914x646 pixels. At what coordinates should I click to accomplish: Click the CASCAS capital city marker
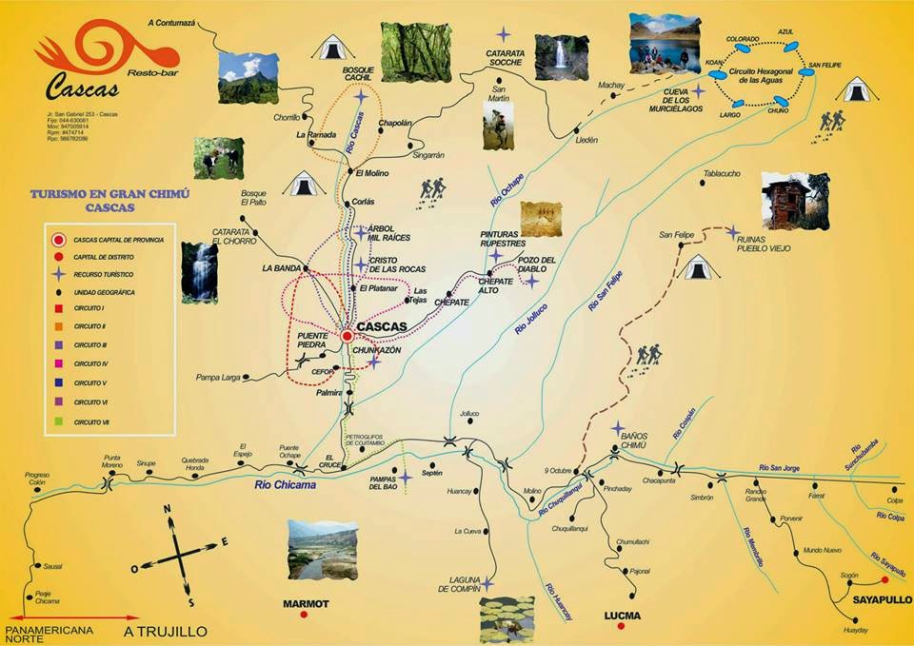[348, 335]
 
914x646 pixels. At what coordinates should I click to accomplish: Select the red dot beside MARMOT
[304, 615]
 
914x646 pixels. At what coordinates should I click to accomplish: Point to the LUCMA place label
[622, 616]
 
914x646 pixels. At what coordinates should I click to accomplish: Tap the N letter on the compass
[169, 510]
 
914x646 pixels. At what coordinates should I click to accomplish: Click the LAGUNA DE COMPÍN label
[456, 585]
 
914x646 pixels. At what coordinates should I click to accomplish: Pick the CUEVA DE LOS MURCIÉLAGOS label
[676, 100]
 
